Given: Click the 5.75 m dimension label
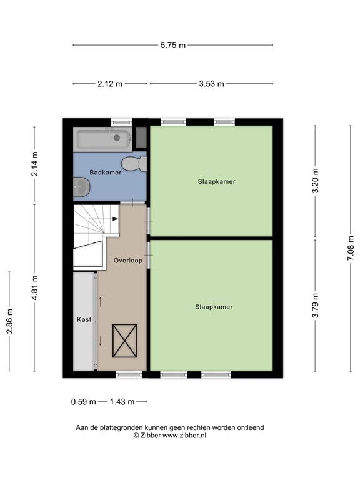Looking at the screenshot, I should pos(173,45).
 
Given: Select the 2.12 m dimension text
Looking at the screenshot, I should pos(111,84).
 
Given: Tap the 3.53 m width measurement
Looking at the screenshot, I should pos(211,84).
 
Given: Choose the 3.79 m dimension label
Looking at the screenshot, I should pos(316,306).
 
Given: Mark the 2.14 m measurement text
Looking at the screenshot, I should pos(35,164).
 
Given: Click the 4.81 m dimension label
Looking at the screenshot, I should pos(35,287).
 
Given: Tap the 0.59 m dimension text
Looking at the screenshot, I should pos(83,402).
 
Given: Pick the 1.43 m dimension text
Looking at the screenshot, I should pos(122,402).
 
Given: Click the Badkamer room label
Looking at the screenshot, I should pos(105,172).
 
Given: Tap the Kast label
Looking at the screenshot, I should pos(84,319).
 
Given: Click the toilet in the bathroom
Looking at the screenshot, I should pos(134,164).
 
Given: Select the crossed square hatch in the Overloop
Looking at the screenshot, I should pos(123,341).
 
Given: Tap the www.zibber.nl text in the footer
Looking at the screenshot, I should pos(184,436).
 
